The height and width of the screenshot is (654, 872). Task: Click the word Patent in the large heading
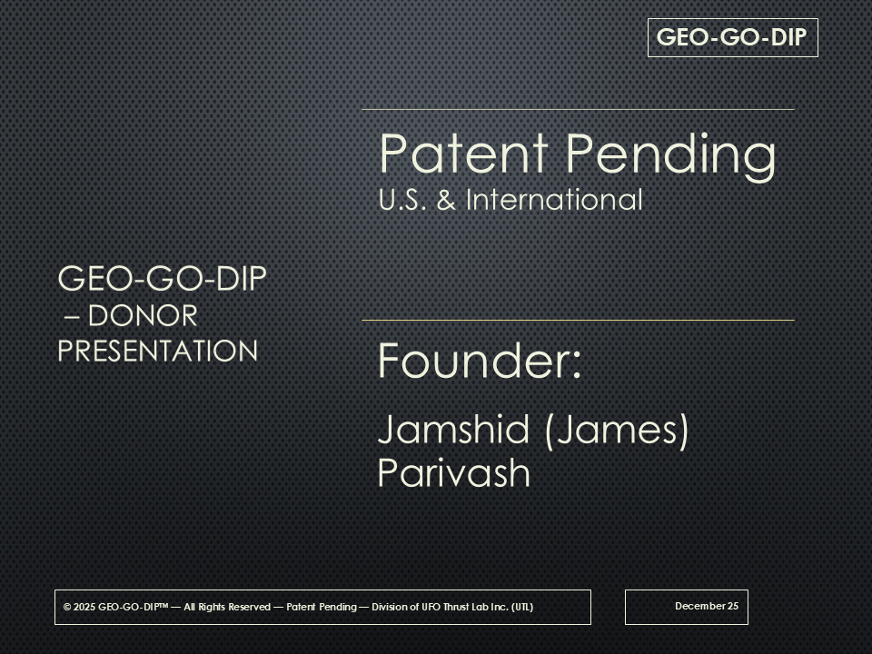pyautogui.click(x=464, y=153)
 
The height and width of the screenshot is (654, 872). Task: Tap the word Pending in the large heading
pyautogui.click(x=670, y=156)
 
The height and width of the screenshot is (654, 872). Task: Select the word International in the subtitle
pyautogui.click(x=554, y=199)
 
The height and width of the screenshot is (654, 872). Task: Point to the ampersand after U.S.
pyautogui.click(x=446, y=200)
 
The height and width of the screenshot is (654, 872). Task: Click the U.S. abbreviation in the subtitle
pyautogui.click(x=402, y=200)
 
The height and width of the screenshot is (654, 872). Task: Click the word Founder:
pyautogui.click(x=480, y=361)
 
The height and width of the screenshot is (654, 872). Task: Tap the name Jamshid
pyautogui.click(x=453, y=430)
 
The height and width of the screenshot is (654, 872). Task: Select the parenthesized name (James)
pyautogui.click(x=617, y=431)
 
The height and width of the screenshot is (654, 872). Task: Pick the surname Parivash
pyautogui.click(x=454, y=473)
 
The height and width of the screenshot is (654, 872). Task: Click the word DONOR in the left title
pyautogui.click(x=143, y=316)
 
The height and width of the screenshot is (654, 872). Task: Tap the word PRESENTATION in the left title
pyautogui.click(x=158, y=351)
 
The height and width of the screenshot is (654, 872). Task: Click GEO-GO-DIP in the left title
pyautogui.click(x=163, y=278)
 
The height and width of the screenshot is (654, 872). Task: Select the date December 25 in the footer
pyautogui.click(x=707, y=606)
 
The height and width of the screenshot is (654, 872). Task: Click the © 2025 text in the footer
pyautogui.click(x=80, y=607)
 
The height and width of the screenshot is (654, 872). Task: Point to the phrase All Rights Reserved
pyautogui.click(x=227, y=607)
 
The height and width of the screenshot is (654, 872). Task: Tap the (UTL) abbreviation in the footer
pyautogui.click(x=521, y=607)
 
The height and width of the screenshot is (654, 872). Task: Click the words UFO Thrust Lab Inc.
pyautogui.click(x=464, y=607)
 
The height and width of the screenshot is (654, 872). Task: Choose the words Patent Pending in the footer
pyautogui.click(x=322, y=607)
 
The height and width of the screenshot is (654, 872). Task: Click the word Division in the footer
pyautogui.click(x=390, y=607)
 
